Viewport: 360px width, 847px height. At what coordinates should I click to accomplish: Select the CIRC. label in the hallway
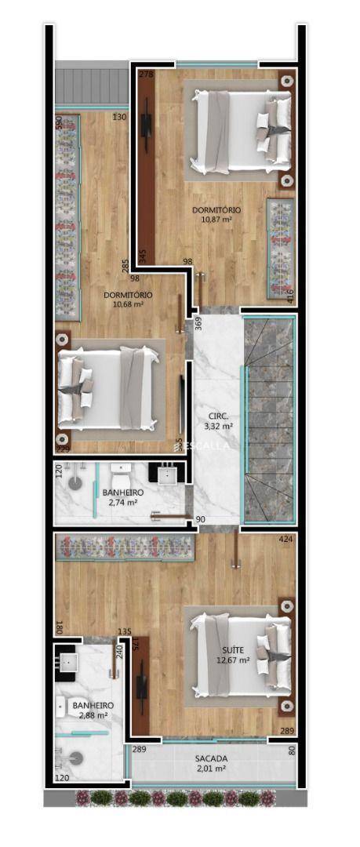pyautogui.click(x=218, y=416)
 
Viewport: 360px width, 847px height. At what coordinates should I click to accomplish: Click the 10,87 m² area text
pyautogui.click(x=216, y=220)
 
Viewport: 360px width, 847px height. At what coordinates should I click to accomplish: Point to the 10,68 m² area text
pyautogui.click(x=128, y=304)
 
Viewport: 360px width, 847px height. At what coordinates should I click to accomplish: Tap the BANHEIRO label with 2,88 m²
pyautogui.click(x=93, y=705)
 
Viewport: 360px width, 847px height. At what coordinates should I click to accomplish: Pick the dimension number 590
pyautogui.click(x=57, y=124)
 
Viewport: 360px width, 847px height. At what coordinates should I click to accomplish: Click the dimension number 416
pyautogui.click(x=290, y=296)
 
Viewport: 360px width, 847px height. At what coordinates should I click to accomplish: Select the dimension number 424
pyautogui.click(x=285, y=540)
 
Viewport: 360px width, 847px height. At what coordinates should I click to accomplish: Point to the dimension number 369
pyautogui.click(x=198, y=322)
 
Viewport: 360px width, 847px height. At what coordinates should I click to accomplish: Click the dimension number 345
pyautogui.click(x=142, y=256)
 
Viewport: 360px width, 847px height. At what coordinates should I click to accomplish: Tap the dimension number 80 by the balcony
pyautogui.click(x=292, y=750)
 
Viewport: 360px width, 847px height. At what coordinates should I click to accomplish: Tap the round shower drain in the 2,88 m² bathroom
pyautogui.click(x=75, y=758)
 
